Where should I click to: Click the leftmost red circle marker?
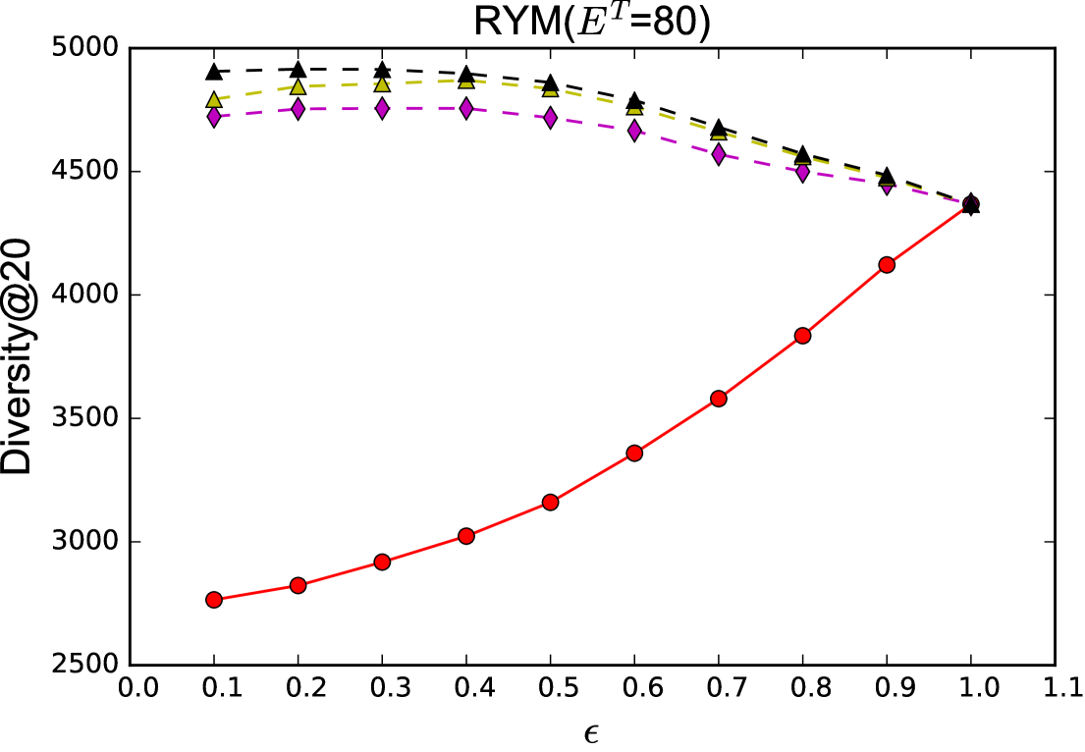click(x=214, y=600)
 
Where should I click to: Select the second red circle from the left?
click(x=298, y=585)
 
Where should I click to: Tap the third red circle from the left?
click(x=382, y=562)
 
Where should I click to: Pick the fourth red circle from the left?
click(x=466, y=536)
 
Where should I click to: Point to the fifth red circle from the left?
click(x=551, y=503)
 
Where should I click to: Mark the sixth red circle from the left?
click(x=634, y=453)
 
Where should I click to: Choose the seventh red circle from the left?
click(x=719, y=399)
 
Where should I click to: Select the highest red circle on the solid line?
click(x=887, y=265)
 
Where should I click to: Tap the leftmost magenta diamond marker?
click(x=214, y=117)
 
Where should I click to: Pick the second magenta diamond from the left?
click(x=298, y=109)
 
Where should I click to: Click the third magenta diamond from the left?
click(x=382, y=108)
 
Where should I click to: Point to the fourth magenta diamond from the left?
click(x=466, y=108)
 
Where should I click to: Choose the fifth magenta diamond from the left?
click(x=551, y=118)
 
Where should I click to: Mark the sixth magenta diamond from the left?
click(x=634, y=131)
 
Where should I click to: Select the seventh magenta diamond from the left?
click(x=719, y=154)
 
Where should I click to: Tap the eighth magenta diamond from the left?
click(x=803, y=172)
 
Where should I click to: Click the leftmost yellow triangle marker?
click(x=214, y=100)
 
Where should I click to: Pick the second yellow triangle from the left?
click(x=298, y=87)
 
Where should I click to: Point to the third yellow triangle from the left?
click(x=382, y=84)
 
